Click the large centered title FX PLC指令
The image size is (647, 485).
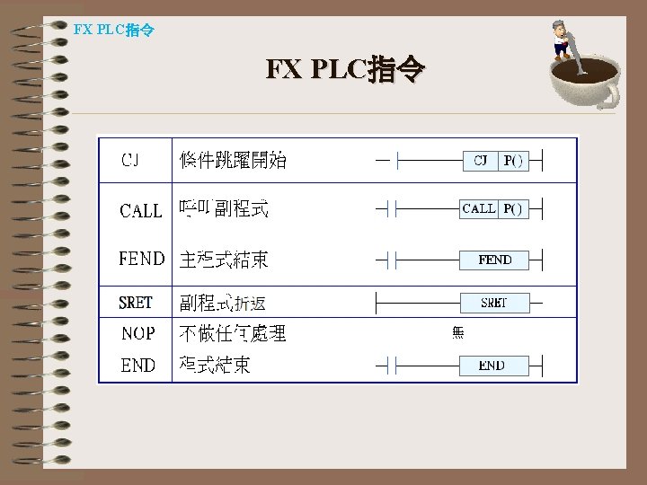point(345,69)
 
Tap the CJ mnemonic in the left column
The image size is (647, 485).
point(130,160)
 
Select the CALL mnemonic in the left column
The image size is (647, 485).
point(140,211)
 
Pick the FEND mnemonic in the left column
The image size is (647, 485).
point(142,260)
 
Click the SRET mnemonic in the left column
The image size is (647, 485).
point(136,303)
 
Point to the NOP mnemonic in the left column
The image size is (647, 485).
point(138,333)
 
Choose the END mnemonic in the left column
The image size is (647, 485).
point(137,366)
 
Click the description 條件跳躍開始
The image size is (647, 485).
point(233,160)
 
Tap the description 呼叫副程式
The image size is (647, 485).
point(224,210)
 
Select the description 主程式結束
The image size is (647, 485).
point(224,260)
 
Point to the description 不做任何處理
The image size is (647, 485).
point(233,333)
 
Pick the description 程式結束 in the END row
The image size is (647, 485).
point(215,366)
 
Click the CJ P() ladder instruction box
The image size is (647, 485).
point(496,161)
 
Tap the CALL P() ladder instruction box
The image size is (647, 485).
point(494,208)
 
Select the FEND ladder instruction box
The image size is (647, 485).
point(494,260)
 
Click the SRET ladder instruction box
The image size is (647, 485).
point(494,303)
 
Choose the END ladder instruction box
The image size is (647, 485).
point(492,366)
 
